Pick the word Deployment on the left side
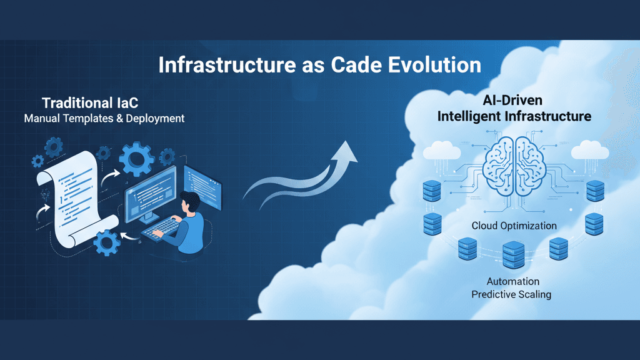154,118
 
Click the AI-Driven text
513,100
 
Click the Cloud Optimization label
514,226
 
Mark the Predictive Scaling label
511,294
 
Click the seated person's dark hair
191,201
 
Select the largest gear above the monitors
136,157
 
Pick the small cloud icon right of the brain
587,150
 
